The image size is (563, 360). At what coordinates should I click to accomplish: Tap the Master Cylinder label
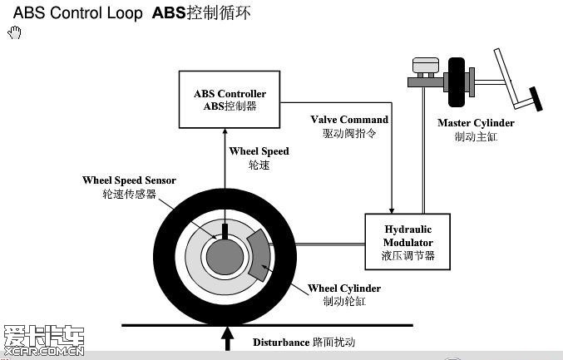[476, 130]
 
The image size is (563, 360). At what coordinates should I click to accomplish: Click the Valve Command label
[349, 126]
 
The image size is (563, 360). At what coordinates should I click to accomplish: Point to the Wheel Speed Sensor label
[129, 187]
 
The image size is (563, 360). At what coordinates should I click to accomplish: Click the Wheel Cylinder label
[344, 294]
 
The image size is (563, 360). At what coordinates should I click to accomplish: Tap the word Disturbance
[281, 343]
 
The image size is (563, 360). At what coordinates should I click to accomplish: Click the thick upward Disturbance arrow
[227, 339]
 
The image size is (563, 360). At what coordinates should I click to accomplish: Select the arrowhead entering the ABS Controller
[225, 131]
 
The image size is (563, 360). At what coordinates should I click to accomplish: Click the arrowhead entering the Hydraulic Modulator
[392, 210]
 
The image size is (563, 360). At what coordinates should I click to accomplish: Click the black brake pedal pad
[536, 99]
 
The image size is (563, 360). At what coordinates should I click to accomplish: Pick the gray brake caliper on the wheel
[259, 255]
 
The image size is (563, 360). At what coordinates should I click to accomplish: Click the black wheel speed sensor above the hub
[225, 232]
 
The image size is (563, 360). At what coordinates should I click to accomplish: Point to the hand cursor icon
[14, 32]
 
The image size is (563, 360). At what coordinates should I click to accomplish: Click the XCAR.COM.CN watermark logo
[43, 341]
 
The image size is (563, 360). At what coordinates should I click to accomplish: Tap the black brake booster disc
[457, 82]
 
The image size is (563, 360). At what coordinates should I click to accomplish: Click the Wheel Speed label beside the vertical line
[259, 158]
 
